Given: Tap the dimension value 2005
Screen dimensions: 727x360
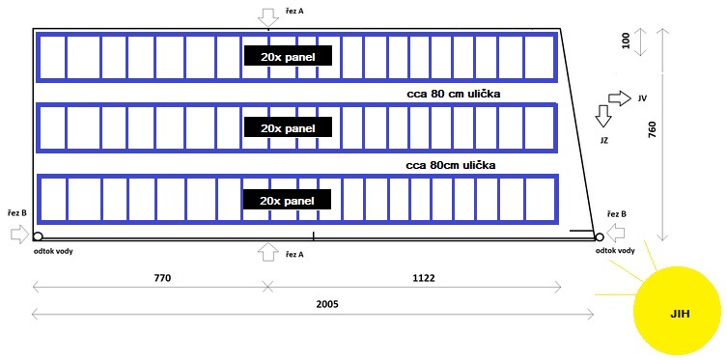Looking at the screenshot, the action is point(328,304).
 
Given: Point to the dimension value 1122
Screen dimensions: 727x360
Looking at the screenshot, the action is point(424,279).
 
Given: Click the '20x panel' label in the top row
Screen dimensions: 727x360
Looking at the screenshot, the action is point(288,58).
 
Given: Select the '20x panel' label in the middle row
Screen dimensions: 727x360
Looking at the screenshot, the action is point(288,128).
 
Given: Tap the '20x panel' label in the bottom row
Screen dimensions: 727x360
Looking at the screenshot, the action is point(288,201).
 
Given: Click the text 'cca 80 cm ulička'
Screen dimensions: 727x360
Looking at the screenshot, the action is point(452,94).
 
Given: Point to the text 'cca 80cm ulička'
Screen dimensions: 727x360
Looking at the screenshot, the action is point(451,165).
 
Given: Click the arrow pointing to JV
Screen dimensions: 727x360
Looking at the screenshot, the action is point(620,98).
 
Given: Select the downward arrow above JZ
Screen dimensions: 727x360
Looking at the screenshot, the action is point(603,116).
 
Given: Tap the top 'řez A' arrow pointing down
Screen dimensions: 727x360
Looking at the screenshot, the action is point(268,17).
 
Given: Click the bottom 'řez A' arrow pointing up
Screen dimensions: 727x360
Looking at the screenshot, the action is point(268,251).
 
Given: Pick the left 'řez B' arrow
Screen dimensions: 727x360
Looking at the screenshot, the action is point(19,235).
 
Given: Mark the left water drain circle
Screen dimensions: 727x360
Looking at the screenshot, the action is point(38,236).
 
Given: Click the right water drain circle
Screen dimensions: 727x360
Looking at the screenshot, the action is point(599,237).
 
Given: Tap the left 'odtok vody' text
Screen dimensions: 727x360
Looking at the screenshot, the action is point(53,251).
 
